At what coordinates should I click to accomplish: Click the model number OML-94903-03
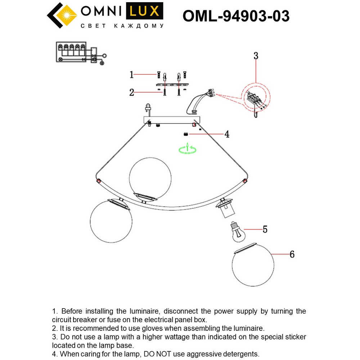236,16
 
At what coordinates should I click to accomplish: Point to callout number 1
132,75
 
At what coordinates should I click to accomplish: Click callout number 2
132,93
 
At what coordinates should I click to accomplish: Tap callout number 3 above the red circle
256,56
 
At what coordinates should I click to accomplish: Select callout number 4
227,134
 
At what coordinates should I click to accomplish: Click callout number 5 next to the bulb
265,229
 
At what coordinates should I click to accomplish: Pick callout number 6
292,254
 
